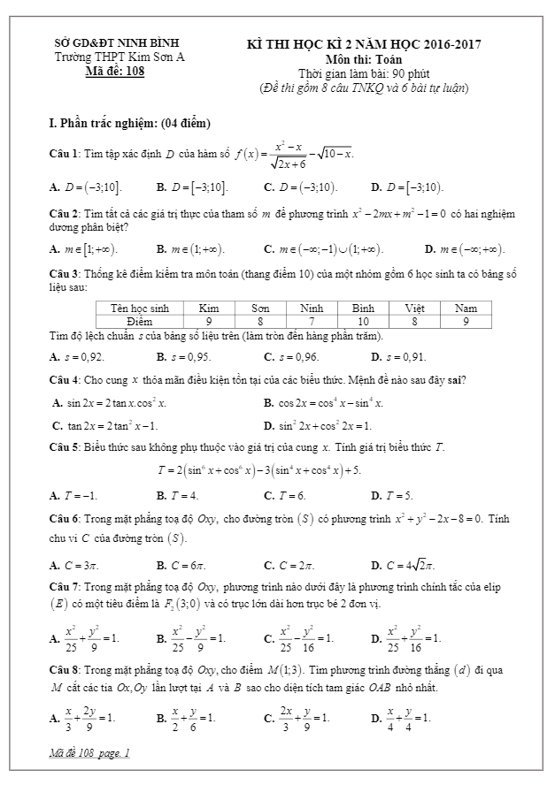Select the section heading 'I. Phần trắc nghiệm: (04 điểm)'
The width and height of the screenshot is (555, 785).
click(x=130, y=122)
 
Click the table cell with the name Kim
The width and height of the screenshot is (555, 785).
click(x=209, y=309)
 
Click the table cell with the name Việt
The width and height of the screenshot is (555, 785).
click(x=414, y=309)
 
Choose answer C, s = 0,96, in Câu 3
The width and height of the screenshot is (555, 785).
click(x=291, y=357)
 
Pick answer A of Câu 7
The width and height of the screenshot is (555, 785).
click(x=85, y=636)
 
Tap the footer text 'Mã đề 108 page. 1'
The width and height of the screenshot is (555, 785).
click(x=90, y=753)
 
